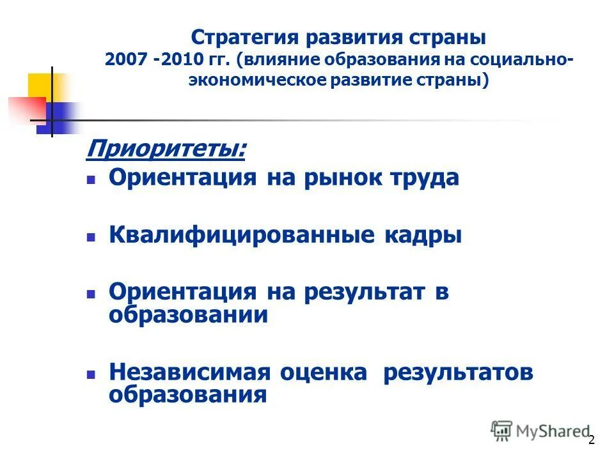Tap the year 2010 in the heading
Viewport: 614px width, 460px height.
coord(179,59)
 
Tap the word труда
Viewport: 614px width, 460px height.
coord(426,178)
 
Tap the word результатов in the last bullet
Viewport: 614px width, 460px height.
coord(458,372)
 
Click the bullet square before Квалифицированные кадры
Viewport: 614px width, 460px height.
coord(91,236)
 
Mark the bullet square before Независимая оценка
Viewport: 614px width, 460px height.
coord(91,373)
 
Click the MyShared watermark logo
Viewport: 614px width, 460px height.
coord(541,431)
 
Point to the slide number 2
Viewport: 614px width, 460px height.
coord(591,440)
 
